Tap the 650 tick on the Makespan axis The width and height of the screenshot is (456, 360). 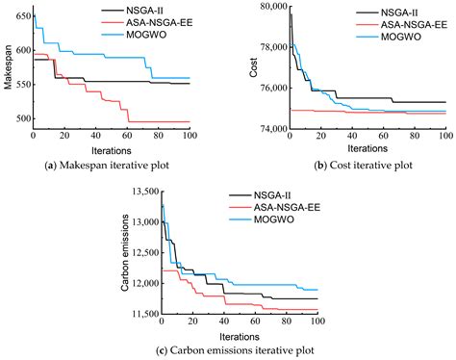pos(21,16)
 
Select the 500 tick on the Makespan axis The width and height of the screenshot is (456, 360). pos(21,118)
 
